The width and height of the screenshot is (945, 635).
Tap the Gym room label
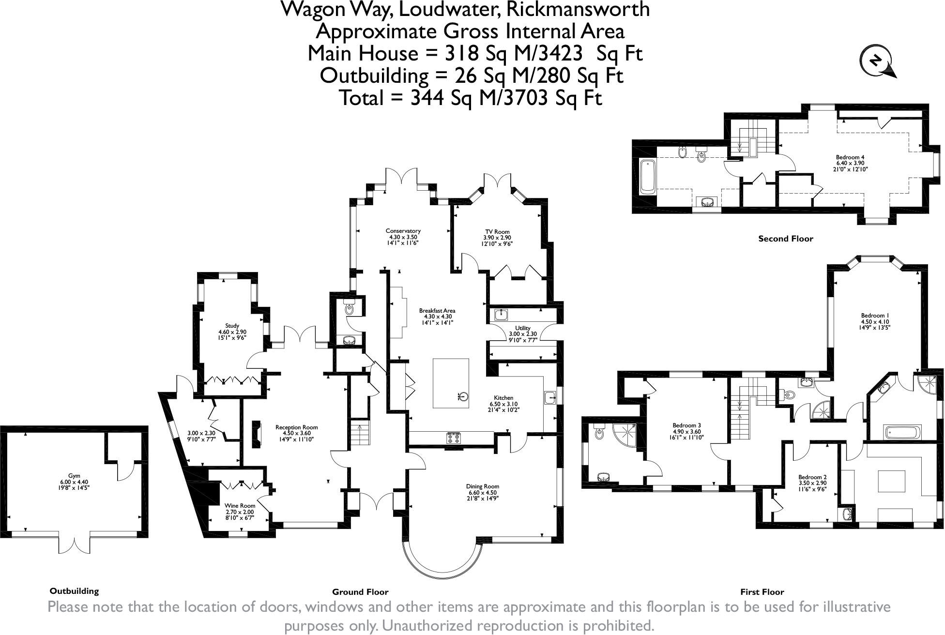tap(74, 476)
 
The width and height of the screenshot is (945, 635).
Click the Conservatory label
tap(403, 231)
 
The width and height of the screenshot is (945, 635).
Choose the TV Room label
tap(498, 232)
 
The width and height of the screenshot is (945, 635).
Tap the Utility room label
tap(523, 328)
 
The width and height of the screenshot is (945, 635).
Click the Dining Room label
tap(483, 486)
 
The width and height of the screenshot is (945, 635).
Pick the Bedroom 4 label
tap(850, 157)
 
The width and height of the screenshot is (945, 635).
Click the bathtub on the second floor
tap(647, 176)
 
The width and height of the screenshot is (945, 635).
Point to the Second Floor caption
tap(786, 239)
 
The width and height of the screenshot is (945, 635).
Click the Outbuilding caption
tap(74, 591)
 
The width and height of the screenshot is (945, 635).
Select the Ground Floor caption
tap(360, 592)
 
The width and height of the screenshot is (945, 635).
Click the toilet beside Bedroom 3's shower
tap(599, 432)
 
